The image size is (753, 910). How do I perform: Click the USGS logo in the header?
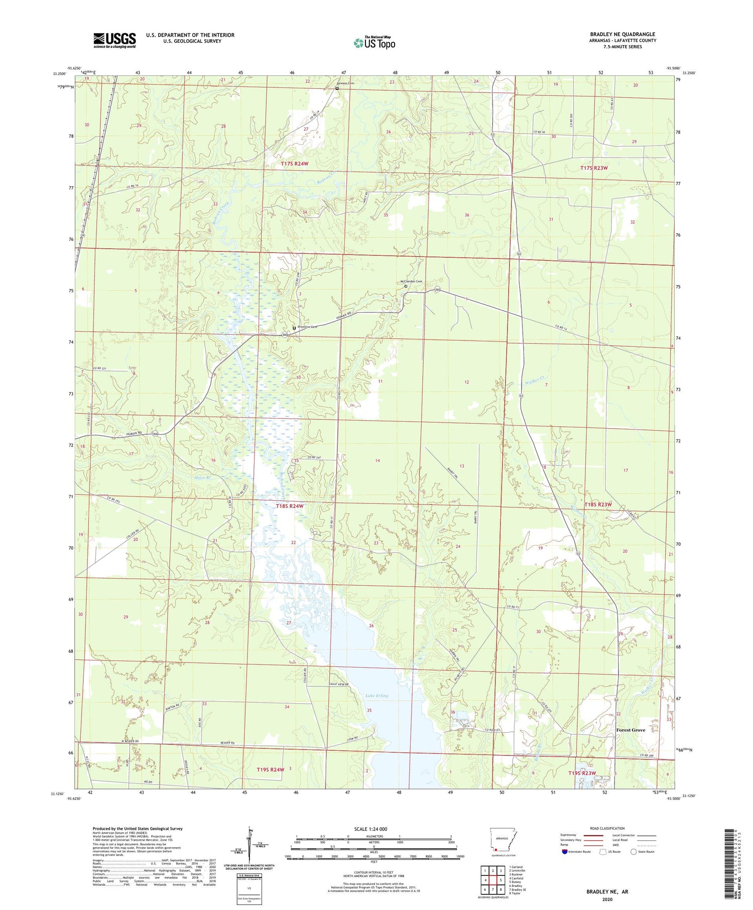[x=114, y=40]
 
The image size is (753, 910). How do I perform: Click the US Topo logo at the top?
[x=374, y=43]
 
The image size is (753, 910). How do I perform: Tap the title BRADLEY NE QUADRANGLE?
[x=622, y=34]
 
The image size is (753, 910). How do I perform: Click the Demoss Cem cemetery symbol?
[x=337, y=89]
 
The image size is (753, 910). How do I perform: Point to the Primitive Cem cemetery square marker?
[x=294, y=328]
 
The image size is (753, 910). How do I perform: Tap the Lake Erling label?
[x=376, y=696]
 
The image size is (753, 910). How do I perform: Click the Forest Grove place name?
[x=631, y=730]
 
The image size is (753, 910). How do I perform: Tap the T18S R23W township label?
[x=598, y=504]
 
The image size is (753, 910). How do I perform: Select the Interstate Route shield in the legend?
[x=564, y=852]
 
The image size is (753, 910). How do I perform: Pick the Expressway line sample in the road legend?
[x=591, y=835]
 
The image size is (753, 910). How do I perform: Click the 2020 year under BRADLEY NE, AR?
[x=607, y=899]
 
